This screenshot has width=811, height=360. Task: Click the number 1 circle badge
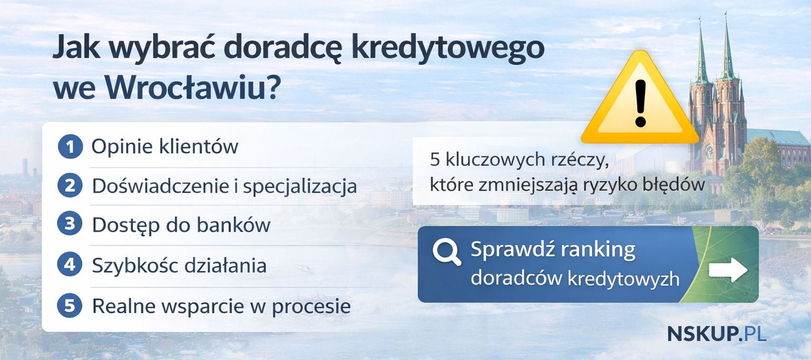70,146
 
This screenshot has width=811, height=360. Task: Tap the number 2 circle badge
70,186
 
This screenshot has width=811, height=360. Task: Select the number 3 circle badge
70,225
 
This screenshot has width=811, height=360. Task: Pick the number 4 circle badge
70,265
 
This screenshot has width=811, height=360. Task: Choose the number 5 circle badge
70,306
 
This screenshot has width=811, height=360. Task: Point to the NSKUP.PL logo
716,334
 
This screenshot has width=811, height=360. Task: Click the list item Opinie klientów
165,146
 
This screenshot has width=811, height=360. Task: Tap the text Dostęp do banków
181,225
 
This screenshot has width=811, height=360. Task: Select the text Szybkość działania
179,265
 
